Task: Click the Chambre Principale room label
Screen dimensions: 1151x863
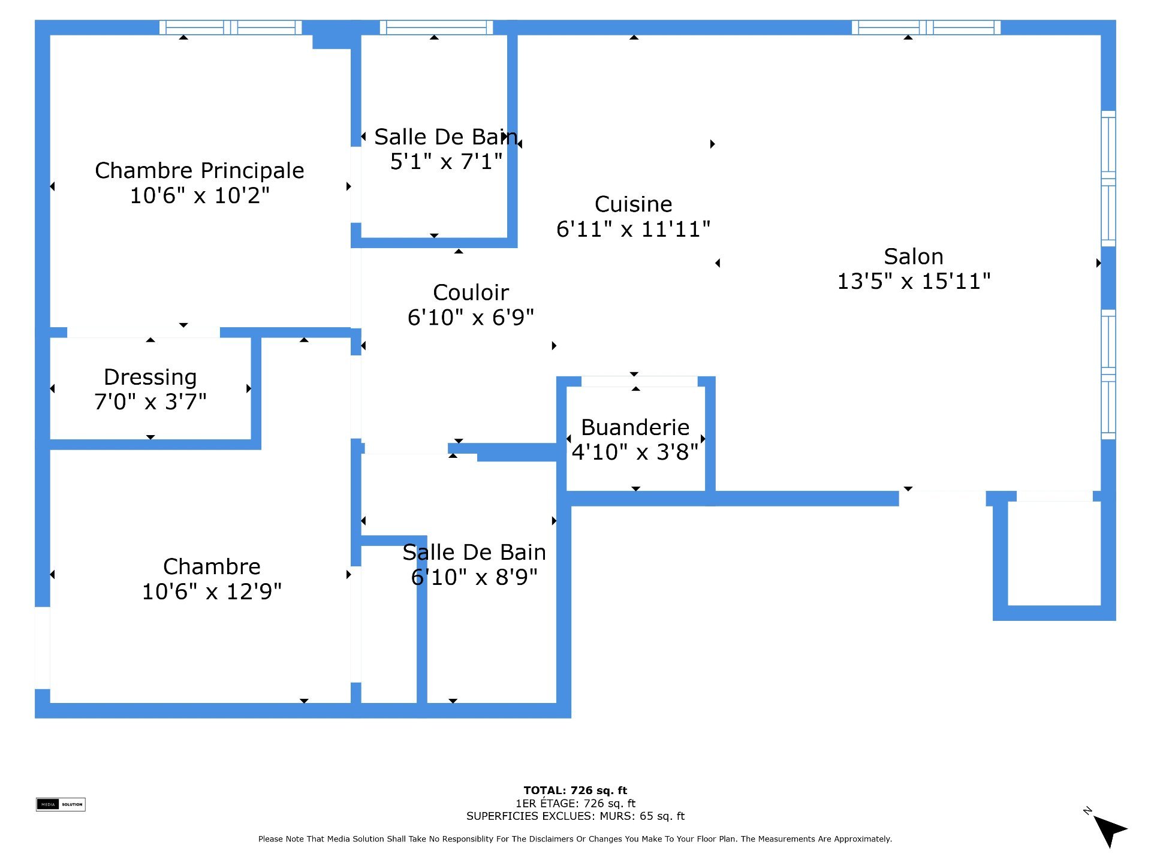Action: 200,171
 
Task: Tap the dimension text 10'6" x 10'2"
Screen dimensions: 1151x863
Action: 200,196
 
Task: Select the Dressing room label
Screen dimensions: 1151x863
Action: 150,378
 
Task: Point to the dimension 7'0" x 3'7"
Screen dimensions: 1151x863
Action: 150,402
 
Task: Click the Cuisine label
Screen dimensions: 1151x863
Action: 634,204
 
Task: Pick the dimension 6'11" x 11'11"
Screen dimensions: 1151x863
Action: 634,230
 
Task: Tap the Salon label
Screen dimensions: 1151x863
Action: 914,257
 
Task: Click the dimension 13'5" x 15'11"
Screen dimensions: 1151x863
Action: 914,281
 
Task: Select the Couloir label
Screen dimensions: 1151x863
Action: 471,293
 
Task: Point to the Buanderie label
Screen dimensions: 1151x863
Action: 635,428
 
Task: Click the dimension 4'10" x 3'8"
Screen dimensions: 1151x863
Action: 635,452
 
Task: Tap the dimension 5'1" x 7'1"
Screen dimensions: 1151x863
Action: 446,162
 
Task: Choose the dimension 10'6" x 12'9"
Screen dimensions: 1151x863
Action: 212,592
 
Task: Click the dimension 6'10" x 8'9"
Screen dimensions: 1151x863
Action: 474,578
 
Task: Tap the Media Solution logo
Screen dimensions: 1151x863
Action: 61,804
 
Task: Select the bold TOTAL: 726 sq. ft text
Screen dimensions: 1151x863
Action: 575,790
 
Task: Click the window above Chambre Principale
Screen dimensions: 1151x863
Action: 231,28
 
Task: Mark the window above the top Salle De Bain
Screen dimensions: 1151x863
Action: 436,28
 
